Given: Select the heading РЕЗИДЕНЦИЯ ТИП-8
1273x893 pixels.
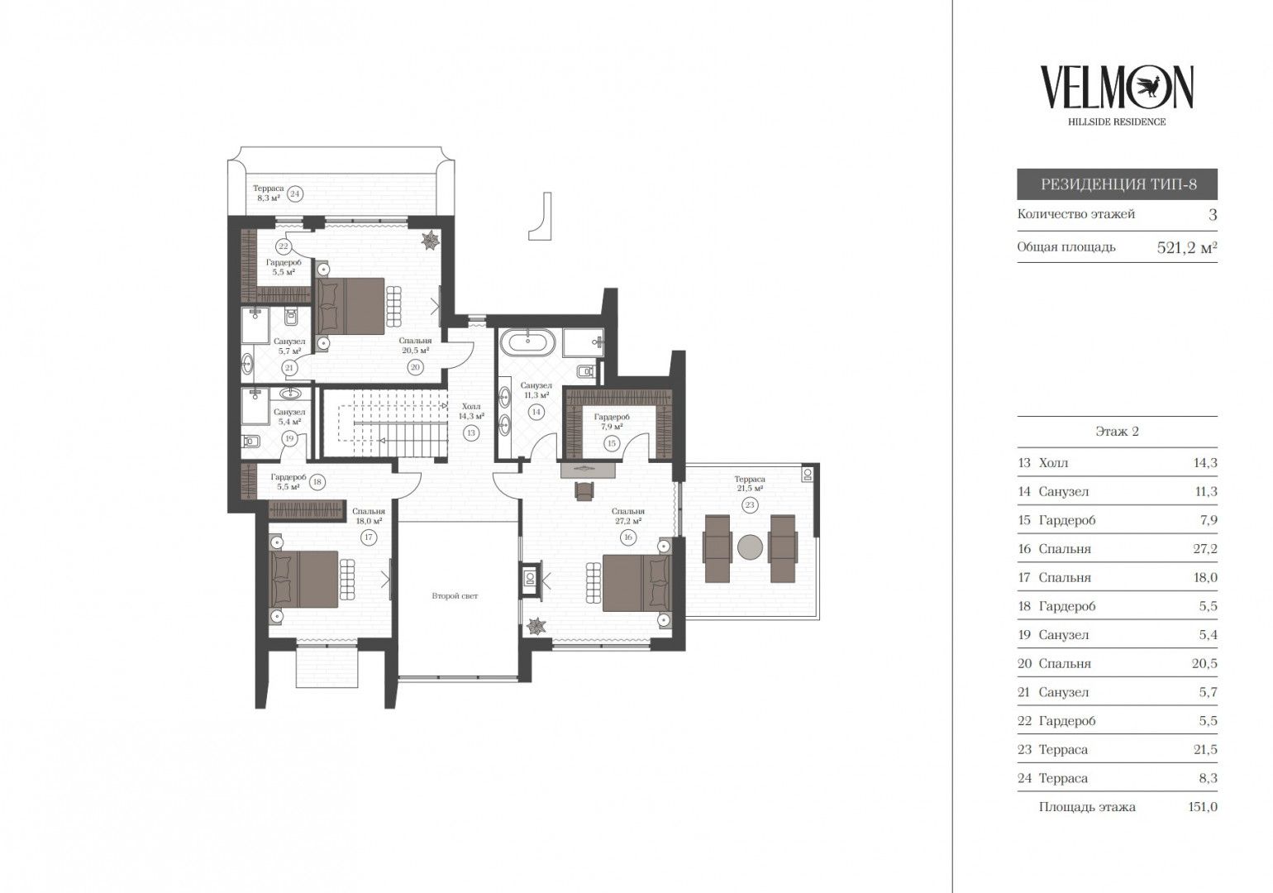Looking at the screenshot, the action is pos(1118,184).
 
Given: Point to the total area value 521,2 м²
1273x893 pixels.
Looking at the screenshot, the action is pos(1187,248).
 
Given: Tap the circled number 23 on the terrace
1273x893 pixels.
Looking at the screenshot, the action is pos(750,504).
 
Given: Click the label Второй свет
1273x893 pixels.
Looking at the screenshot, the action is pos(455,595).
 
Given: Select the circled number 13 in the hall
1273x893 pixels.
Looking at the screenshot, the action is pos(471,433).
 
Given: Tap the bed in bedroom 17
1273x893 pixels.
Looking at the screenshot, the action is pos(304,579).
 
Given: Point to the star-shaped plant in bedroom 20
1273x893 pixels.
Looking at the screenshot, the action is pos(430,240).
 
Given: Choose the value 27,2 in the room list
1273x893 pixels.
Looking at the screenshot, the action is pos(1205,549).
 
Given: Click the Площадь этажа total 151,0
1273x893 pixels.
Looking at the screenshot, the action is pos(1203,807).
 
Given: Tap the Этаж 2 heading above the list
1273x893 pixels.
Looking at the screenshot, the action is pos(1118,432).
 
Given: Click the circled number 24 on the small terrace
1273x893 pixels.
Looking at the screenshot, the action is pos(294,193).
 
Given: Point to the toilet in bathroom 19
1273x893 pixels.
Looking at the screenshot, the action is pos(250,442).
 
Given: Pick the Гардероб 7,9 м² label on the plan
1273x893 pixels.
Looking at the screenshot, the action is pos(612,421).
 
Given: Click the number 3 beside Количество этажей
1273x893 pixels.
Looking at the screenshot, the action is pos(1213,215).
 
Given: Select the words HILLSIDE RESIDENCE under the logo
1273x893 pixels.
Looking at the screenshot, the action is pos(1117,122).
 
